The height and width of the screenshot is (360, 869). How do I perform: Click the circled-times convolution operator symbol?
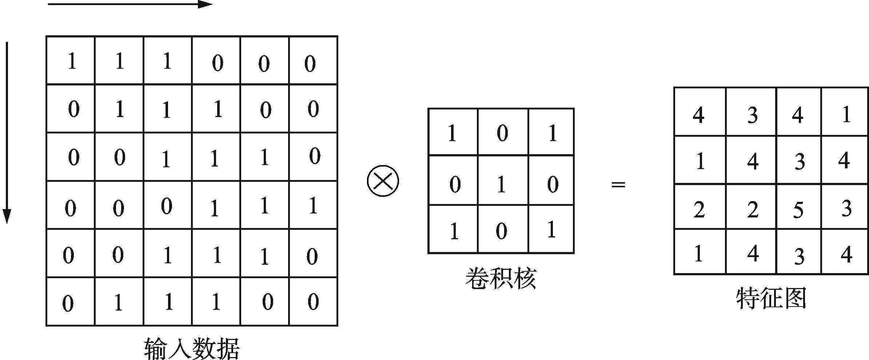click(383, 181)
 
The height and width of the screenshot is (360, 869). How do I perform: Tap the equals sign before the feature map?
click(618, 185)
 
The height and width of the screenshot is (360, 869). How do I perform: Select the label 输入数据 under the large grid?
click(192, 348)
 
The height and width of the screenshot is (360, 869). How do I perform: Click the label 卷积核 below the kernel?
click(501, 279)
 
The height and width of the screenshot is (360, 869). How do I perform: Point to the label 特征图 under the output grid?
click(771, 299)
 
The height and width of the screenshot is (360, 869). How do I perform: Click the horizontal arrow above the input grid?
click(130, 5)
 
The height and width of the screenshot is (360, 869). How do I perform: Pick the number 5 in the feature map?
click(798, 210)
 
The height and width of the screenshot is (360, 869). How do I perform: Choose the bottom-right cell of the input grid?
click(313, 301)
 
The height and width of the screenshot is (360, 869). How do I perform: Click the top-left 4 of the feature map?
click(698, 115)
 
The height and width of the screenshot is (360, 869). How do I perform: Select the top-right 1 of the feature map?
click(846, 115)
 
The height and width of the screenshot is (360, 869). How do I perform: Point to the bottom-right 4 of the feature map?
click(846, 254)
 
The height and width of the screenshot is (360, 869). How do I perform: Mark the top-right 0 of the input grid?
click(310, 63)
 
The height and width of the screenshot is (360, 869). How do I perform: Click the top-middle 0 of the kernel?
click(502, 133)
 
